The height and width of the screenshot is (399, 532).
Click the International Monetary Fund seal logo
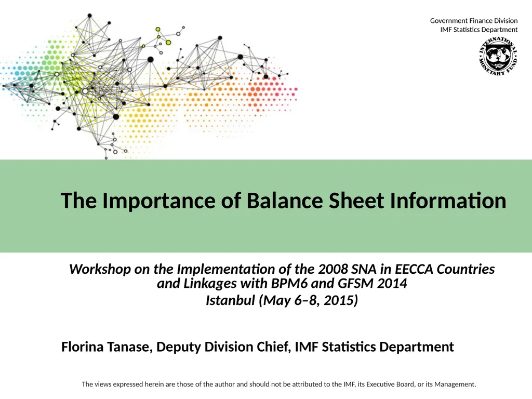[497, 57]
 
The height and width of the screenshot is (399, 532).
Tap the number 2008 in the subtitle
[333, 270]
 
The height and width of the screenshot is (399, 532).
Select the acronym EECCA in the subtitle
[415, 270]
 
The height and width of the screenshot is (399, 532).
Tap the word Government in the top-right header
[449, 21]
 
